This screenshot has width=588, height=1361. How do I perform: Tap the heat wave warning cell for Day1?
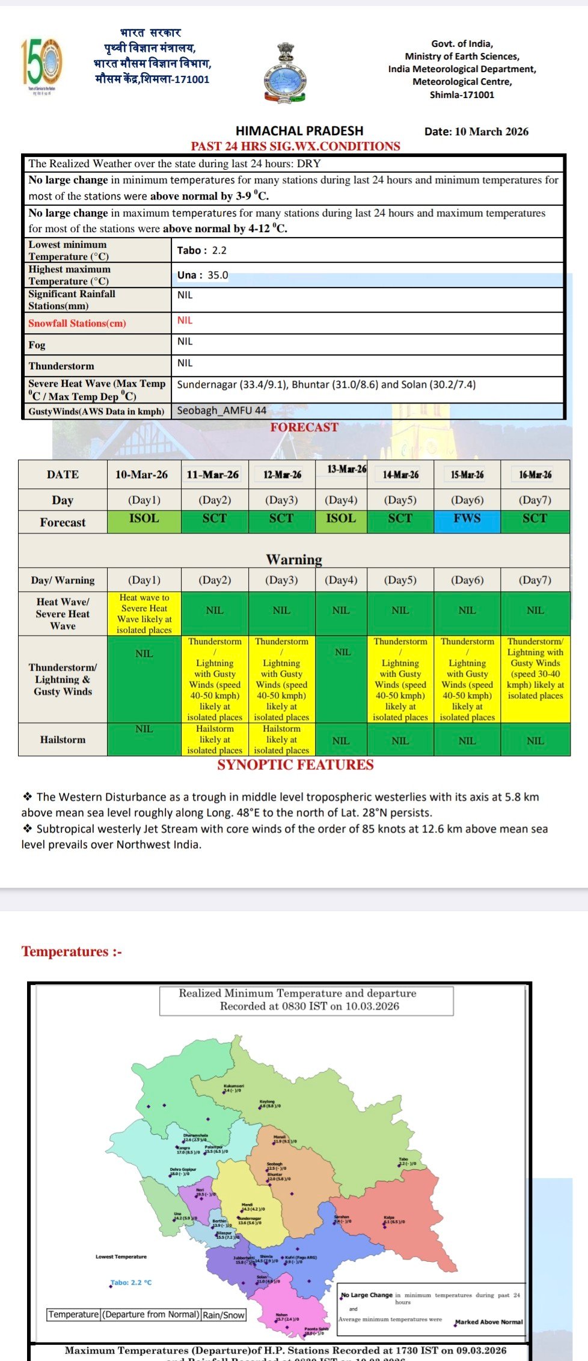point(144,613)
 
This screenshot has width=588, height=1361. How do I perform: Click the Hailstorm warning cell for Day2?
point(215,739)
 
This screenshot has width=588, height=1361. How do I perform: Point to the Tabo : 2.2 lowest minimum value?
point(202,250)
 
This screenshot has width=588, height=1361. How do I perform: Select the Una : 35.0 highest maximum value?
point(203,275)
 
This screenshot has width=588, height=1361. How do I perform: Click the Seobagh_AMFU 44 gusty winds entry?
point(221,411)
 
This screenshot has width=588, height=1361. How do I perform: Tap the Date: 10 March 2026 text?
point(476,132)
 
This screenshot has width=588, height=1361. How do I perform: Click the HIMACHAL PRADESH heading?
point(299,131)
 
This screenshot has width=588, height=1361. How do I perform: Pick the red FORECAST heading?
point(304,427)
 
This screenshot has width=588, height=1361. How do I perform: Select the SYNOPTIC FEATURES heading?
point(295,764)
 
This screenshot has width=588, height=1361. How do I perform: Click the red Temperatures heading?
point(72,951)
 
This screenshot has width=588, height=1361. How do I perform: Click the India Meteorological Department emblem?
point(284,73)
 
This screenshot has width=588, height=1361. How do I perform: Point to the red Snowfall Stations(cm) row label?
point(77,323)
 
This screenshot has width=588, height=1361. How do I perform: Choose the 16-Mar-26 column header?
point(535,475)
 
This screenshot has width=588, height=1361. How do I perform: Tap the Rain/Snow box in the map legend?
point(224,1315)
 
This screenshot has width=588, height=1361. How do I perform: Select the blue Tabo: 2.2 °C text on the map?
point(132,1282)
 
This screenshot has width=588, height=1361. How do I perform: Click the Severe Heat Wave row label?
point(97,390)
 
